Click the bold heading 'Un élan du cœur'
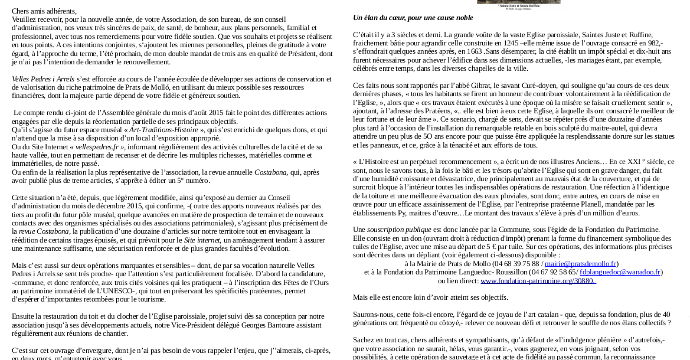coord(413,18)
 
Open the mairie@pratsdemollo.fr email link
coord(580,264)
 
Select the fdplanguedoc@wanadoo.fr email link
coord(620,272)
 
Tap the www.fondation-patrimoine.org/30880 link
coord(538,281)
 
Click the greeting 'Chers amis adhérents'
coord(44,11)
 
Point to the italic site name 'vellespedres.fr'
coord(97,147)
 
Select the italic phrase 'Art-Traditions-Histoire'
coord(164,130)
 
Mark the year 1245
coord(502,43)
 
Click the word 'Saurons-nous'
coord(373,315)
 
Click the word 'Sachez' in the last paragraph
coord(364,340)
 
